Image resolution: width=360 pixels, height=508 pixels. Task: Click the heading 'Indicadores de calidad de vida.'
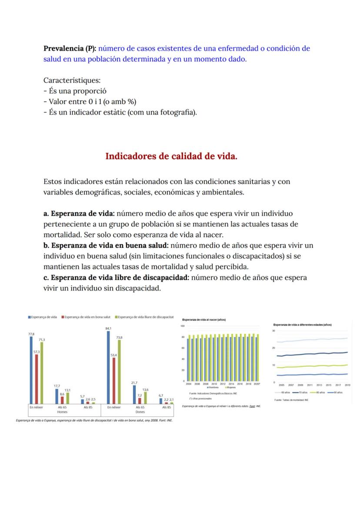click(171, 156)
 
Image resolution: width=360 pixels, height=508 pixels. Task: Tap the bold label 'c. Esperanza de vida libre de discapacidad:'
click(116, 277)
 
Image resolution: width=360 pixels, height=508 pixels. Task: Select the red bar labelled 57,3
click(37, 379)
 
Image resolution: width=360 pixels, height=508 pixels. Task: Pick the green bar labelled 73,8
click(119, 372)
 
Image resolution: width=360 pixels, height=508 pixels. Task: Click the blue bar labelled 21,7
click(134, 395)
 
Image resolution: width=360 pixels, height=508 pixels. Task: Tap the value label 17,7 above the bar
click(57, 386)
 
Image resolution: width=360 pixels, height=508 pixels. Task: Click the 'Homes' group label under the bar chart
click(62, 412)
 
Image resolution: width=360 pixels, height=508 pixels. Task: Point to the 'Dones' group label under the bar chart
click(140, 412)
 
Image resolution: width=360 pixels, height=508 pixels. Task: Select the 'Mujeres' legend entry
click(231, 388)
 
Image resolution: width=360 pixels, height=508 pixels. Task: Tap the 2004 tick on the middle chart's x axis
click(189, 384)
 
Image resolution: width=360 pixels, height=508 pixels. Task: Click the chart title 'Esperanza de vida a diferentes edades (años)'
click(302, 325)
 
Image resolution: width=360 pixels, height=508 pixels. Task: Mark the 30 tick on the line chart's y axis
click(273, 331)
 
